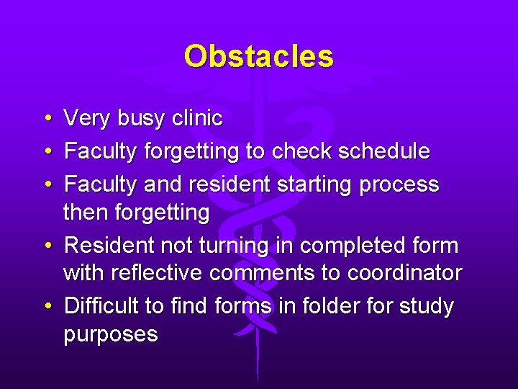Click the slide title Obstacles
[x=258, y=56]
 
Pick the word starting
[x=318, y=185]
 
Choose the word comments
[x=276, y=274]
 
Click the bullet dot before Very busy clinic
[x=46, y=118]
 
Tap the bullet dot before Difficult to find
[x=46, y=307]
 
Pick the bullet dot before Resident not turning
[x=46, y=246]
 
